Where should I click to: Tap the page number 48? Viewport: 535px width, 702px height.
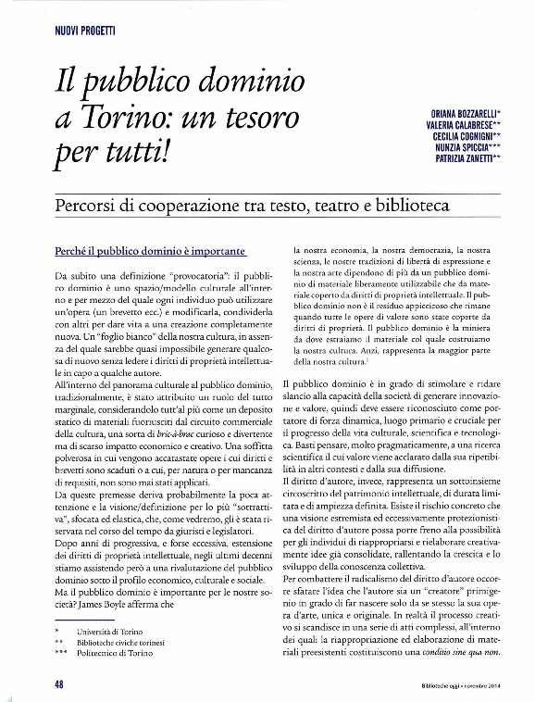click(x=58, y=686)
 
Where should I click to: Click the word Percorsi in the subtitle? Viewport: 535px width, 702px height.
click(x=93, y=204)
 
